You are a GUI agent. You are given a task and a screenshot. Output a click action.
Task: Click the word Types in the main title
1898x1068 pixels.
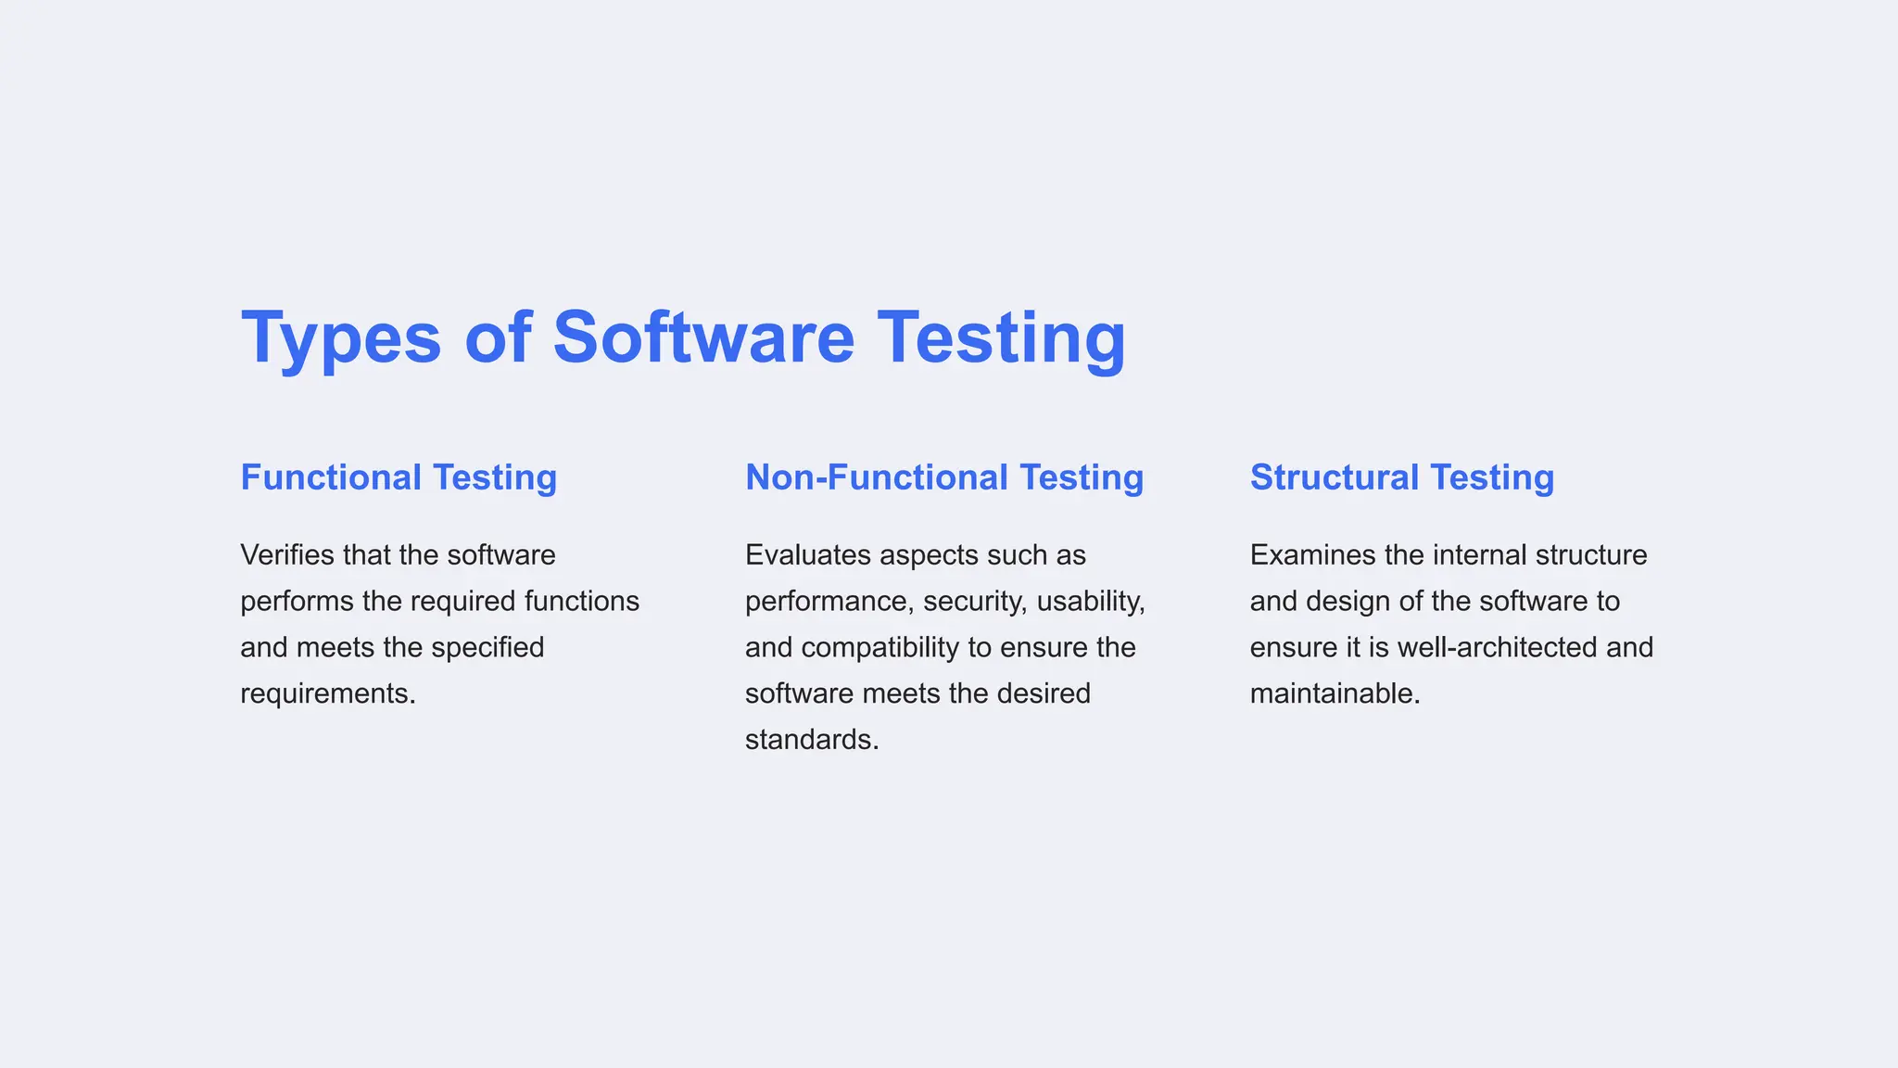click(340, 337)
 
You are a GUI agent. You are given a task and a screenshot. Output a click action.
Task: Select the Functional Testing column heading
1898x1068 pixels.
click(399, 477)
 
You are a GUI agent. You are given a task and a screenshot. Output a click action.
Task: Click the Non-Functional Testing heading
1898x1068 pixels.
click(944, 477)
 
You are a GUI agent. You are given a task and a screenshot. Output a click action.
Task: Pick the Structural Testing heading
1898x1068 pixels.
click(1401, 477)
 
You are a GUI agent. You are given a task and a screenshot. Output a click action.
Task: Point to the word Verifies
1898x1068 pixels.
click(287, 555)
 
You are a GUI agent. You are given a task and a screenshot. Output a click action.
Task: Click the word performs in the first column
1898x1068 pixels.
click(297, 602)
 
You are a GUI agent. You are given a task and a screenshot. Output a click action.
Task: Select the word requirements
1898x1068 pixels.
click(327, 693)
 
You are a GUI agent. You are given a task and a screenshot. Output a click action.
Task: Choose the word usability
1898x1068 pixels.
click(1091, 602)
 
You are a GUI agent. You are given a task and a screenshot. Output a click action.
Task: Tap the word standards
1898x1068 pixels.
click(811, 740)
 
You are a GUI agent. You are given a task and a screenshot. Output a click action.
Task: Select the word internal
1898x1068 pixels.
click(1479, 555)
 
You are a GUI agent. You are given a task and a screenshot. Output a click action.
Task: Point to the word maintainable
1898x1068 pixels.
click(1335, 693)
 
